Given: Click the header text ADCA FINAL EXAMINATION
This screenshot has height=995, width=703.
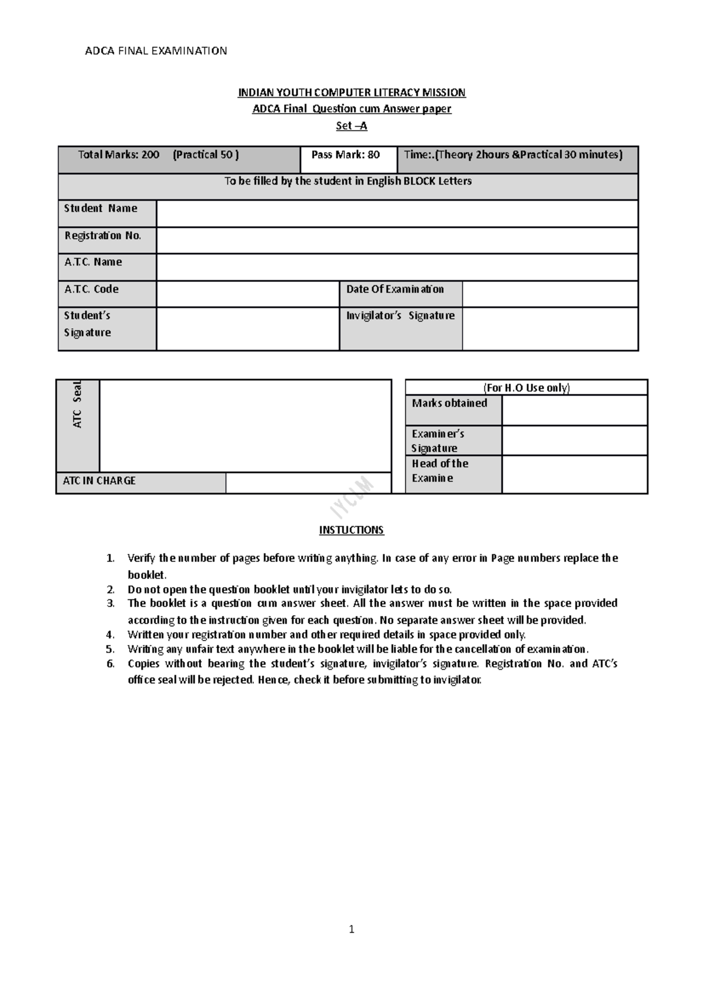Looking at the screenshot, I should pos(156,51).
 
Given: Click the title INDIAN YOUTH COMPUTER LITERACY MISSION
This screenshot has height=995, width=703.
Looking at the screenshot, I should pos(351,93).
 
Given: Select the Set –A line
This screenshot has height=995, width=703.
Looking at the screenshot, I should pos(351,126).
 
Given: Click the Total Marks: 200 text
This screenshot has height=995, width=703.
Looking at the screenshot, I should pos(119,155).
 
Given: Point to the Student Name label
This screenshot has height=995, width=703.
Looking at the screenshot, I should pos(101,209).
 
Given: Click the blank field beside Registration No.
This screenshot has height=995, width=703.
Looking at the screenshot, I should pos(397,240).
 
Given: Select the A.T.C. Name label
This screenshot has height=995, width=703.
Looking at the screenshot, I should pos(94,262).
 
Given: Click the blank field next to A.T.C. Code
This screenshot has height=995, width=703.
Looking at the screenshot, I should pos(247,294).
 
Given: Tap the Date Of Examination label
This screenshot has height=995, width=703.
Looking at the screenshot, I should pos(395,289).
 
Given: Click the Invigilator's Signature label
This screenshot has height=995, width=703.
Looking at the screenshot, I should pos(400,316).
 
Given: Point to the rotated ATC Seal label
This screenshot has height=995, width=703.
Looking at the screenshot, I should pos(78,404).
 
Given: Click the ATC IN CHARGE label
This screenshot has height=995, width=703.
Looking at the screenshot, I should pos(100,481).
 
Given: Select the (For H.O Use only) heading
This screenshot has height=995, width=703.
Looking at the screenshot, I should pos(526,388).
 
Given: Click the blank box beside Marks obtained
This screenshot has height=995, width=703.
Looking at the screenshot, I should pos(574,410).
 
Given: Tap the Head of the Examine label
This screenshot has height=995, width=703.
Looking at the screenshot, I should pos(441,471).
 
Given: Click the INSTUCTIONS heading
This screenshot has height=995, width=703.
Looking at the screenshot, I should pos(351,530).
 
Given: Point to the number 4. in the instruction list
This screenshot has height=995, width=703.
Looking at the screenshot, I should pos(110,635).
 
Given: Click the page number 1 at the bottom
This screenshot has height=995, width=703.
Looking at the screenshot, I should pos(351,929).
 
